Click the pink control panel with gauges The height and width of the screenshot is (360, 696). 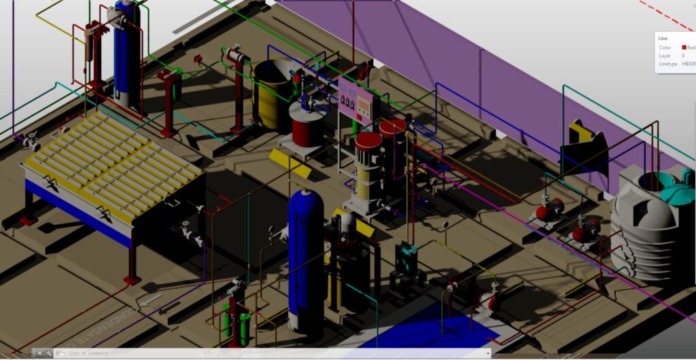[356, 101]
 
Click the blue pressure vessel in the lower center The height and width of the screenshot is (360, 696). [305, 258]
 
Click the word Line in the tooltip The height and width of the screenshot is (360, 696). [663, 39]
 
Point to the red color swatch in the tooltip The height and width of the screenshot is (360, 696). [684, 48]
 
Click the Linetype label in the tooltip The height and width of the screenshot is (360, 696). [667, 64]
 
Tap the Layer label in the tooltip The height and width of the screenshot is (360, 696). [664, 56]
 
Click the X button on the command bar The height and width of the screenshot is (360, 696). [39, 353]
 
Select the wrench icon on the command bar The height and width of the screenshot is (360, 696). [49, 353]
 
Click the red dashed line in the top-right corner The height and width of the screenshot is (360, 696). [666, 14]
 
